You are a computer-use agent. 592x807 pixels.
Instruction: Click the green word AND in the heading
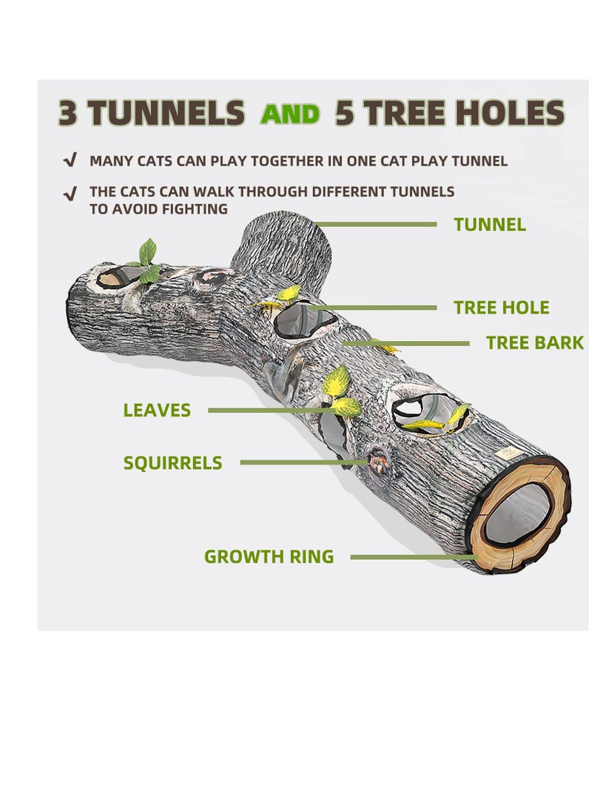pyautogui.click(x=290, y=114)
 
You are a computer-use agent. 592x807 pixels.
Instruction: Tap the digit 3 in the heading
pyautogui.click(x=68, y=113)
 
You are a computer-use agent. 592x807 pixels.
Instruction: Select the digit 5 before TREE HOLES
pyautogui.click(x=346, y=113)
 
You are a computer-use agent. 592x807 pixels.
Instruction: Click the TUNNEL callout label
pyautogui.click(x=490, y=225)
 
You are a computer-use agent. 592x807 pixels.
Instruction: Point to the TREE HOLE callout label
pyautogui.click(x=502, y=308)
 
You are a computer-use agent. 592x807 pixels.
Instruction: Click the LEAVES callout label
pyautogui.click(x=157, y=410)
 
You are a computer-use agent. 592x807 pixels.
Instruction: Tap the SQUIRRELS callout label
pyautogui.click(x=172, y=463)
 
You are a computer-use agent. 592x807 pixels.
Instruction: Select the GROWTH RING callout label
pyautogui.click(x=269, y=557)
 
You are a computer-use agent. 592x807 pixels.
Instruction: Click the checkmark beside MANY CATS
pyautogui.click(x=70, y=160)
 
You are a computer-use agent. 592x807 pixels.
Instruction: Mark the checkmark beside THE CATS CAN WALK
pyautogui.click(x=70, y=193)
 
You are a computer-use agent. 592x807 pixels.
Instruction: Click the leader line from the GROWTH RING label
pyautogui.click(x=411, y=557)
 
